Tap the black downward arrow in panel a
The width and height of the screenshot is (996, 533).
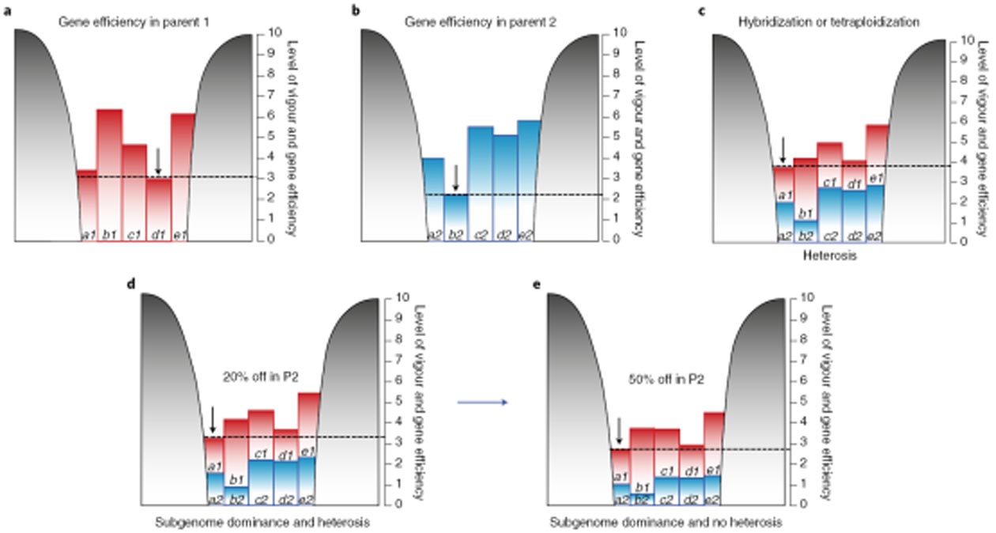tap(158, 161)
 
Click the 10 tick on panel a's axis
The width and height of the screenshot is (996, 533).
tap(272, 32)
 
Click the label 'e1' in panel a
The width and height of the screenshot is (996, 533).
tap(180, 235)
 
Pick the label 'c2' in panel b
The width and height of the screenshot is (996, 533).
tap(479, 235)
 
